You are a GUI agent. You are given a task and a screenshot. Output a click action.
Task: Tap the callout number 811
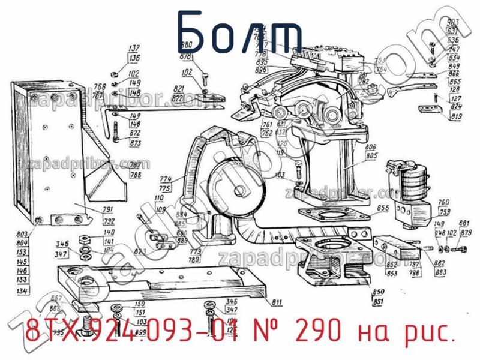(x=278, y=301)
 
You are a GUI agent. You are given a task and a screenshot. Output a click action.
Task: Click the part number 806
(x=371, y=147)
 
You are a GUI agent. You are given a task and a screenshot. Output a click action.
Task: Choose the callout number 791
(x=92, y=210)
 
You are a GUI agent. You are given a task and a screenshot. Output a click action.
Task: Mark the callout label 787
(x=136, y=165)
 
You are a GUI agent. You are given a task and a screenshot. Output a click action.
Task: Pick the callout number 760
(x=444, y=202)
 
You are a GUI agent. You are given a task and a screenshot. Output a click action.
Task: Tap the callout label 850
(x=379, y=292)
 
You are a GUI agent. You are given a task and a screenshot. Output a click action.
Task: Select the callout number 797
(x=415, y=265)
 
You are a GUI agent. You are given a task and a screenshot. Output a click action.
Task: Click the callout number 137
(x=134, y=49)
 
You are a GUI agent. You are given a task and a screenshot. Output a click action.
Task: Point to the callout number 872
(x=135, y=133)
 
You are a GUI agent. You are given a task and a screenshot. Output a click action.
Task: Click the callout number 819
(x=457, y=115)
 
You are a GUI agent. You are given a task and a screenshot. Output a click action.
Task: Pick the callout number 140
(x=91, y=232)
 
